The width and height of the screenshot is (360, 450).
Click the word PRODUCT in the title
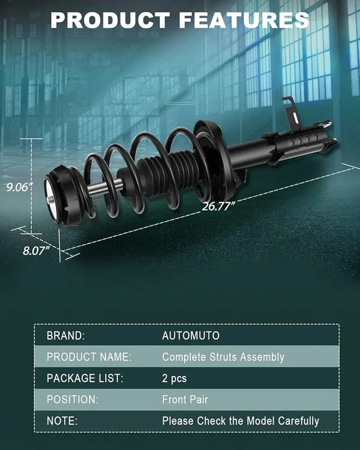click(x=110, y=20)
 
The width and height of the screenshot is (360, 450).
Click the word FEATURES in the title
click(x=244, y=20)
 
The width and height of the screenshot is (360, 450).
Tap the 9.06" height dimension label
click(x=19, y=187)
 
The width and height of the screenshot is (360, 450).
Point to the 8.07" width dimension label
click(x=37, y=250)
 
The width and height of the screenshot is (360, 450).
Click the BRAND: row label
click(x=66, y=336)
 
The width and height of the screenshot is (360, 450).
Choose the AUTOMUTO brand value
click(x=191, y=336)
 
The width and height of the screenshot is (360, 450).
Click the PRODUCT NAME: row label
click(x=89, y=357)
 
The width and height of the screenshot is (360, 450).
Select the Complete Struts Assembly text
click(x=223, y=357)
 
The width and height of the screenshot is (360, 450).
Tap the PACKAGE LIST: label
click(x=85, y=378)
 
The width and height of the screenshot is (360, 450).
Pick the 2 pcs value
click(x=174, y=378)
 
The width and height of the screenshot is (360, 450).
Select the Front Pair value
click(x=185, y=400)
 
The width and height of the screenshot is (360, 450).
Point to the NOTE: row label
click(x=62, y=421)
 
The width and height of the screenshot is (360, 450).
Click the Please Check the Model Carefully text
click(x=240, y=421)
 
